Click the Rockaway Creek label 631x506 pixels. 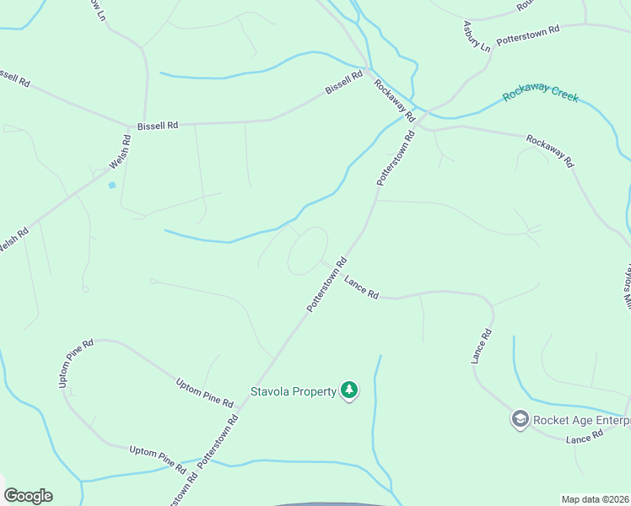click(x=541, y=94)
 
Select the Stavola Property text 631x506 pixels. click(x=293, y=391)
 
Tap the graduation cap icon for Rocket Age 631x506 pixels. click(x=520, y=418)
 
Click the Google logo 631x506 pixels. click(x=28, y=496)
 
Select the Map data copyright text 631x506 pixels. click(x=596, y=499)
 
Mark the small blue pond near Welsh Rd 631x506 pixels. click(x=111, y=185)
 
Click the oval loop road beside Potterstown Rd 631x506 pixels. click(x=308, y=250)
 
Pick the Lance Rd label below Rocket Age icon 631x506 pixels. click(x=585, y=437)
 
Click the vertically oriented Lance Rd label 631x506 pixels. click(x=481, y=346)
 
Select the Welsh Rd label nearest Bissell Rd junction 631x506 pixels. click(x=117, y=152)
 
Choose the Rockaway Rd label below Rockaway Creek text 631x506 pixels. click(x=549, y=150)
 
